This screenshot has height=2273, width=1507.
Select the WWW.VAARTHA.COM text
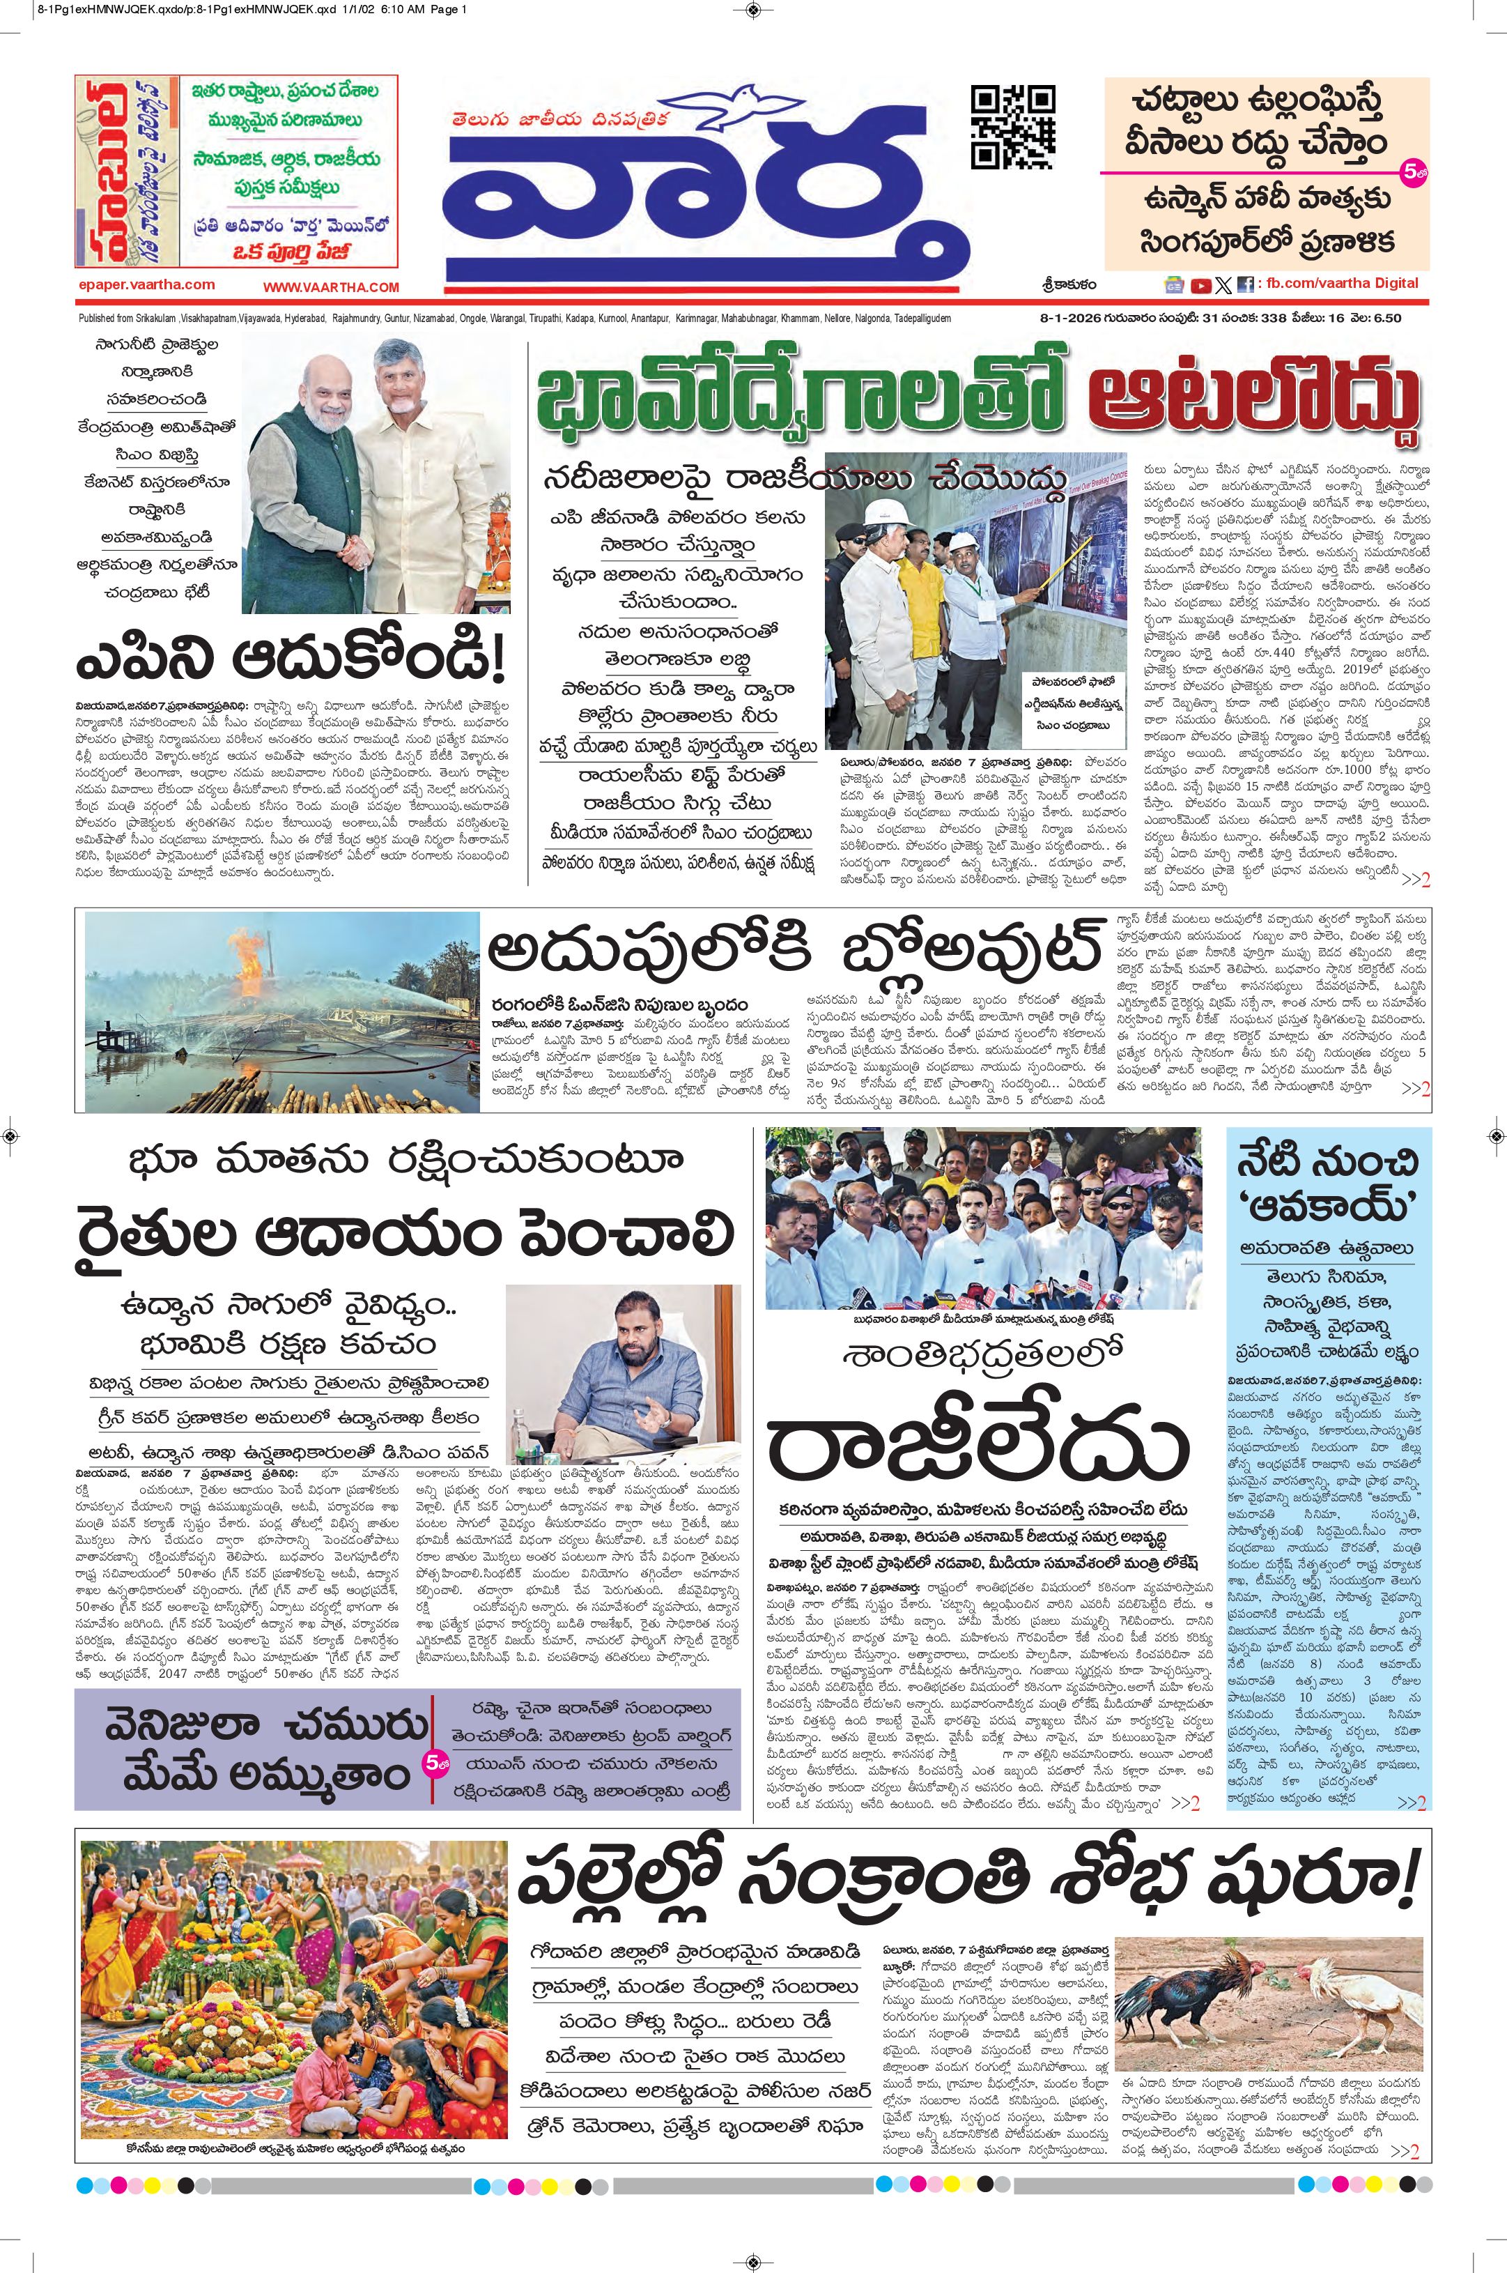[x=331, y=286]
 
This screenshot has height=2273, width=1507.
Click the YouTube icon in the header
[x=1200, y=284]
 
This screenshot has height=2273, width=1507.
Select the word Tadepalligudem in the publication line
[x=922, y=319]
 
